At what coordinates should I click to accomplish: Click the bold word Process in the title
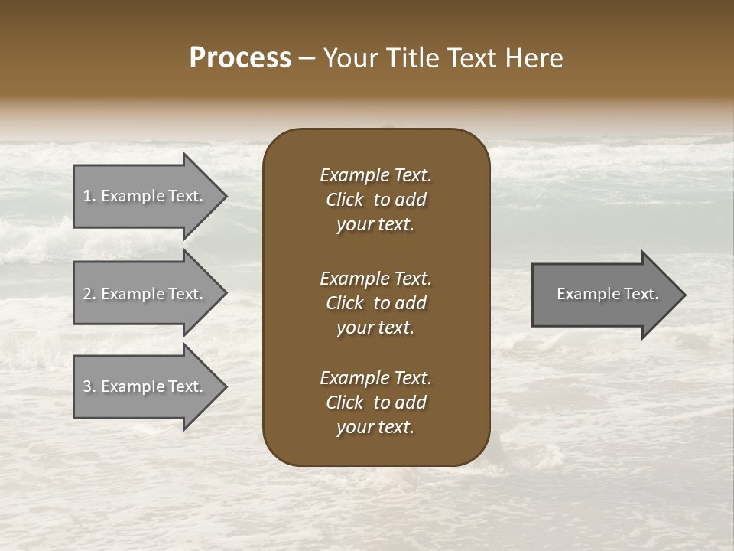(x=240, y=58)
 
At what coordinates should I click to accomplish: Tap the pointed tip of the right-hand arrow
(x=684, y=295)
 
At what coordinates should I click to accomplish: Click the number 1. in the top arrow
(x=89, y=196)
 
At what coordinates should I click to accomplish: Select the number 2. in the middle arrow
(x=89, y=294)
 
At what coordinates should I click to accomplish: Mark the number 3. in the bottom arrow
(x=89, y=386)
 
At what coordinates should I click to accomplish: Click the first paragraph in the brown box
(x=375, y=200)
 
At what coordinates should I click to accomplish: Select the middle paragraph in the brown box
(x=375, y=303)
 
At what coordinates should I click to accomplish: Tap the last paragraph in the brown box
(x=375, y=403)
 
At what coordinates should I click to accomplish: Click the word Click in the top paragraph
(x=344, y=200)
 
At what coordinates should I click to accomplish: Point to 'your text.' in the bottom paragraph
(x=375, y=428)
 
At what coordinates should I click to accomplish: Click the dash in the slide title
(x=307, y=59)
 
